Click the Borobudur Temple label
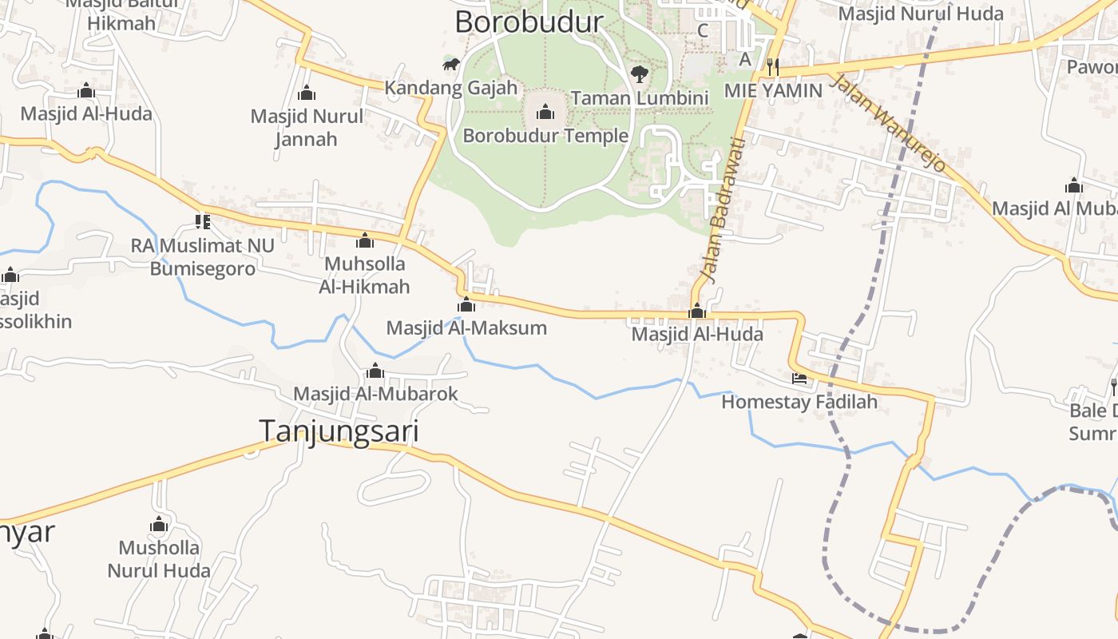pos(545,136)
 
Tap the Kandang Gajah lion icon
pos(451,64)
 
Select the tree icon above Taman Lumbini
pos(639,74)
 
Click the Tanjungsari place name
pos(339,431)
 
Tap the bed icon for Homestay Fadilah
pos(799,378)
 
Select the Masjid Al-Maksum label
pos(466,328)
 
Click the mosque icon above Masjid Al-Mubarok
pos(375,371)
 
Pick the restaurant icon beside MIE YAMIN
pos(772,66)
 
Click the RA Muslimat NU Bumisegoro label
pos(203,257)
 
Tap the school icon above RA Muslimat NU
pos(203,221)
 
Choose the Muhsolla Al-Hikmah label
pos(364,276)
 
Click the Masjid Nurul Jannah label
pos(307,128)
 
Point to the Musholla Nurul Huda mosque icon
pos(159,525)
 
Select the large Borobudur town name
pos(529,22)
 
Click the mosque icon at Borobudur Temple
pos(545,111)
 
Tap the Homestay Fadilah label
pos(799,402)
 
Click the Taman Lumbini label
pos(640,98)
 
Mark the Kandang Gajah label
pos(451,88)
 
